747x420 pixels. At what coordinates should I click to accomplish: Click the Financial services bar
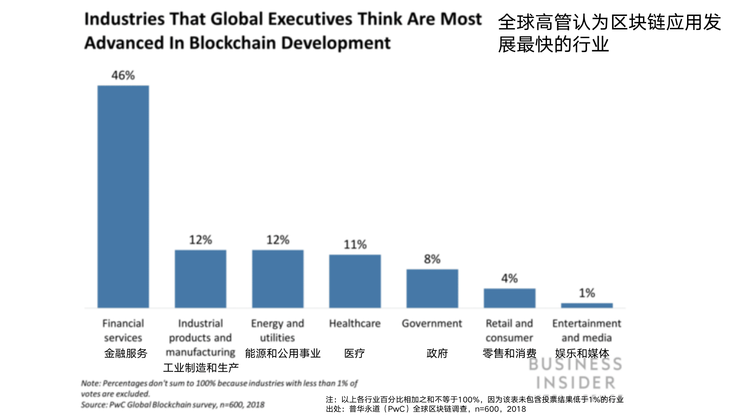click(123, 196)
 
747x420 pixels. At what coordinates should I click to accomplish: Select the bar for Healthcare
click(355, 281)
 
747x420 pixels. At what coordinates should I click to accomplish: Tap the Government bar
click(432, 289)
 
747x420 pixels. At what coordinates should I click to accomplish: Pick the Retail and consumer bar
click(509, 298)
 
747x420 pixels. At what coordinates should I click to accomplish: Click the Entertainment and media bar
click(587, 305)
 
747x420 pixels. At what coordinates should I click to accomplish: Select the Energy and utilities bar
click(278, 279)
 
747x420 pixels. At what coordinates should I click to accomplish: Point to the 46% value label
click(123, 75)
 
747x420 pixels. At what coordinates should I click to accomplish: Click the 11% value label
click(355, 245)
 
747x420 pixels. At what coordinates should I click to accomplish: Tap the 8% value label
click(432, 259)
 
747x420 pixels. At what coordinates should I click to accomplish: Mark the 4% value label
click(509, 278)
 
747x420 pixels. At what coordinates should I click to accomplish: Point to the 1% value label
click(587, 293)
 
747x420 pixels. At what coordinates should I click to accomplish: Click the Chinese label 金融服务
click(126, 353)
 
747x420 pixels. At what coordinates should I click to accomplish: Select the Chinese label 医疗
click(354, 353)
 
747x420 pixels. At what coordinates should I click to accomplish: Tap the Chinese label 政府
click(437, 353)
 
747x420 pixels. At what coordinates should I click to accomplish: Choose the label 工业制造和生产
click(201, 368)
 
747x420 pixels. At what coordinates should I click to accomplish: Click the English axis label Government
click(432, 324)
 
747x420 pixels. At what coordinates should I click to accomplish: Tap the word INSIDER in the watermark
click(576, 383)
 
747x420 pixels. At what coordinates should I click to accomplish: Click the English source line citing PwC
click(173, 405)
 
